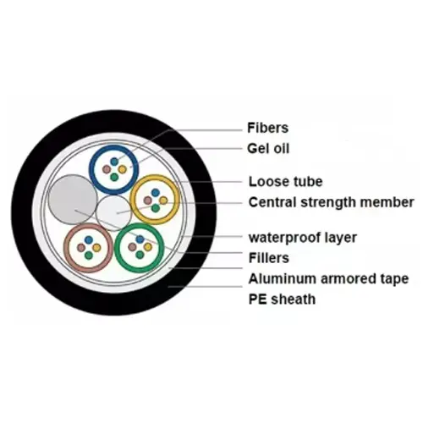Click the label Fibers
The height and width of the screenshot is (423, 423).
267,128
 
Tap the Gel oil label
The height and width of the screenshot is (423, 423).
268,148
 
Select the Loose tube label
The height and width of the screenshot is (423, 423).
285,182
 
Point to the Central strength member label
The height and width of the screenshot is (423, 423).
331,202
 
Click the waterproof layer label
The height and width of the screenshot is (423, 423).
303,238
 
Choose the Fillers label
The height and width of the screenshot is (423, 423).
269,258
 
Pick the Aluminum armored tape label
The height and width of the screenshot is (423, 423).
328,279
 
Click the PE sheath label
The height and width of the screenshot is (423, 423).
282,299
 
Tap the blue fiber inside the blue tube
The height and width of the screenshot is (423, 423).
114,162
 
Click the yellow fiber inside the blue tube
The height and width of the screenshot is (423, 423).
123,169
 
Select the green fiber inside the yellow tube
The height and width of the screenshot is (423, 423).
155,208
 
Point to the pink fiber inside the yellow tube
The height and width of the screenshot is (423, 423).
147,201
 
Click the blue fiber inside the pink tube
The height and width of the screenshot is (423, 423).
89,240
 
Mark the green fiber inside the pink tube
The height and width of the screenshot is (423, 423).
89,255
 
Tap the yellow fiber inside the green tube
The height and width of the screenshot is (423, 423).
148,247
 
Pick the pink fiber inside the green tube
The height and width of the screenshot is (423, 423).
132,247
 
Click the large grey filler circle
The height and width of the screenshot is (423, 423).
73,200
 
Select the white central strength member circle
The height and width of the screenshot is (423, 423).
113,213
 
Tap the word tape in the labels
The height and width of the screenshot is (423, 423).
394,279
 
